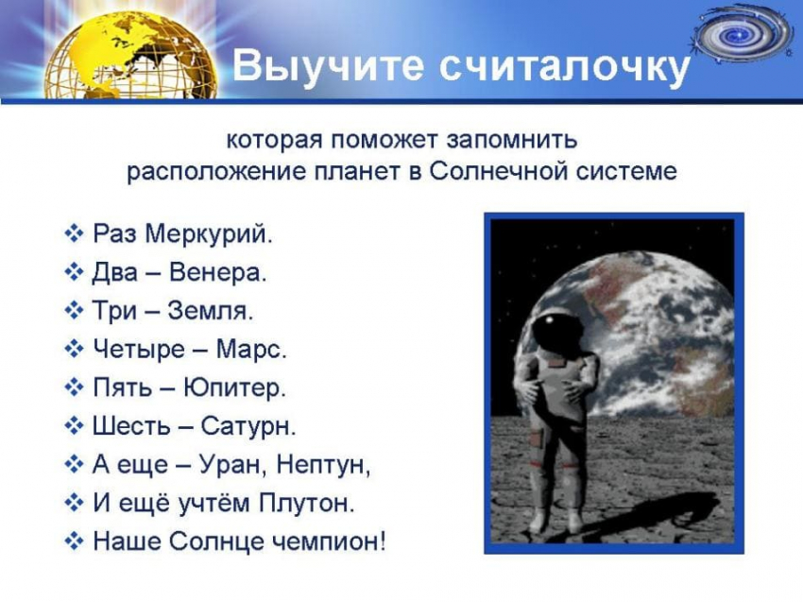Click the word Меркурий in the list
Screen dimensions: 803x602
tap(208, 234)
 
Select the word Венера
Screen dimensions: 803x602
tap(217, 272)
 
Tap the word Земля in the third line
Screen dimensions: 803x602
tap(210, 311)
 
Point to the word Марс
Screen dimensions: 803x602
tap(251, 350)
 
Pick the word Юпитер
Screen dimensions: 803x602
tap(234, 387)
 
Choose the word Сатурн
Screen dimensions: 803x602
tap(248, 426)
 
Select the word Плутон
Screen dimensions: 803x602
tap(306, 503)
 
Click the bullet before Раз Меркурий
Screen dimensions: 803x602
tap(75, 234)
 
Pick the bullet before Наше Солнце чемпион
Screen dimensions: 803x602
tap(75, 541)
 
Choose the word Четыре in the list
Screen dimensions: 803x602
tap(138, 350)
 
